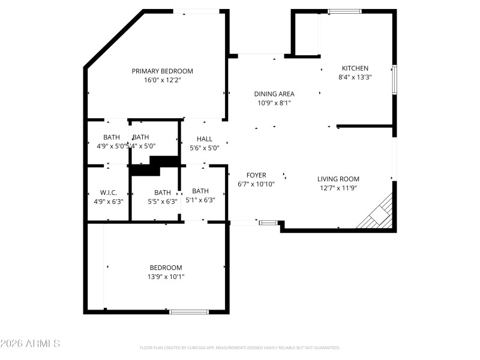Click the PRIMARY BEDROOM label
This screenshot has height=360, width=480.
(x=162, y=71)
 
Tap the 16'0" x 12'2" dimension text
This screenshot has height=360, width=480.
(x=162, y=80)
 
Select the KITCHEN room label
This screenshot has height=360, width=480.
(x=355, y=68)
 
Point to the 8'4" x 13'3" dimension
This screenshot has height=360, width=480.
(x=355, y=77)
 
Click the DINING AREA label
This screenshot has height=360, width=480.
(x=274, y=94)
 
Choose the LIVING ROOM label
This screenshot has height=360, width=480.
(x=338, y=179)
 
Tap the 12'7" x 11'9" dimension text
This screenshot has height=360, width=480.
(x=338, y=188)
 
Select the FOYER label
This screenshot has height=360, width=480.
(x=256, y=175)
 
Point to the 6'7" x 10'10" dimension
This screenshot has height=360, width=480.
(x=256, y=184)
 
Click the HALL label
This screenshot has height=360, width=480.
(x=205, y=139)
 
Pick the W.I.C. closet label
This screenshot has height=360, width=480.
(x=109, y=193)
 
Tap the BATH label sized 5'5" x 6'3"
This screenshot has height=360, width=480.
(x=163, y=193)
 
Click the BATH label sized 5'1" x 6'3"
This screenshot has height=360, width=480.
(x=200, y=191)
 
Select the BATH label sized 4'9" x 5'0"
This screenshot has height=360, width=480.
(x=112, y=137)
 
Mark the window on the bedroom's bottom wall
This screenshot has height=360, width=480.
(x=188, y=311)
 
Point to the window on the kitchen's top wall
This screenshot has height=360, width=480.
(x=345, y=11)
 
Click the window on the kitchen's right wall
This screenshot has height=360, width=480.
(x=394, y=79)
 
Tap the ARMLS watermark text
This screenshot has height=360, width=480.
(x=31, y=344)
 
